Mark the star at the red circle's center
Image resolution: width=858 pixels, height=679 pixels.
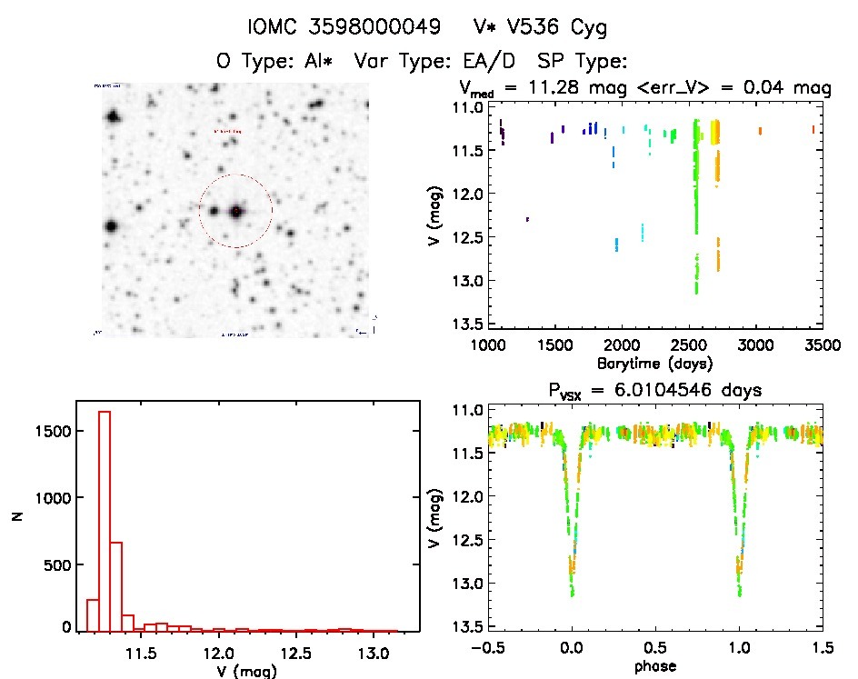[236, 211]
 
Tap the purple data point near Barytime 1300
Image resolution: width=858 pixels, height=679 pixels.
[527, 219]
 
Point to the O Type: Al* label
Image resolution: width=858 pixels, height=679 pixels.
[269, 62]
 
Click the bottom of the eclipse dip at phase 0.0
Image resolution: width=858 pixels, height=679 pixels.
[573, 594]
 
